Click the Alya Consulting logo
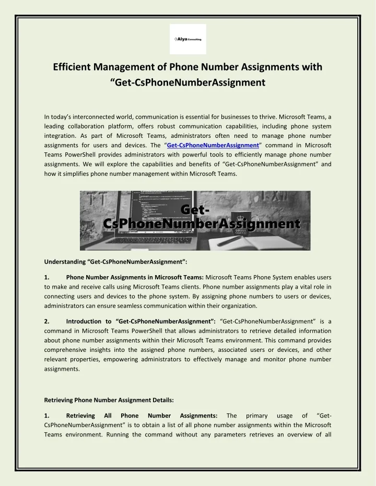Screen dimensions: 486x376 coord(188,39)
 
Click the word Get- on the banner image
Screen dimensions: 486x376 coord(195,209)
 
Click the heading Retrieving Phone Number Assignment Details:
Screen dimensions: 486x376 coord(109,400)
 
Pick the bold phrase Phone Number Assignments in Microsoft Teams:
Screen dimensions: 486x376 coord(135,277)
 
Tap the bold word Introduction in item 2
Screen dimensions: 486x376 coord(85,321)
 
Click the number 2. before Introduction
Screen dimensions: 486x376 coord(47,321)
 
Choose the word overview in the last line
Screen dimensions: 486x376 coord(295,435)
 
